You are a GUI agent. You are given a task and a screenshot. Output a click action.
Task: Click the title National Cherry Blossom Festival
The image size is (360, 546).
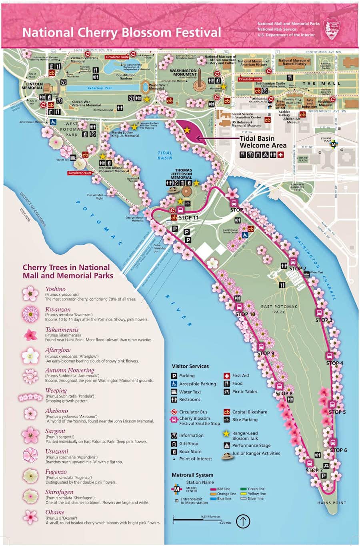coord(121,32)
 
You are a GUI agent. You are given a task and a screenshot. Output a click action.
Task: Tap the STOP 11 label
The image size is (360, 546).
coord(188,218)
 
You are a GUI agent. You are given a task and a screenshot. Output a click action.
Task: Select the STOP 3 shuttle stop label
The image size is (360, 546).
coord(324,320)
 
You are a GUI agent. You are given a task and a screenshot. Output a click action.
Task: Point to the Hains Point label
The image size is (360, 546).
coord(332,503)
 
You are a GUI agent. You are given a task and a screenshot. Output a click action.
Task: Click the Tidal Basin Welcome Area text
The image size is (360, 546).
coord(263,142)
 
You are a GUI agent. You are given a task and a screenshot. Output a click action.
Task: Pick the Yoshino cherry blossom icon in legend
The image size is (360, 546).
coord(30,294)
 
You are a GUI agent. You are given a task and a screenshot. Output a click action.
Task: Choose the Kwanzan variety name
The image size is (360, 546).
coord(58,309)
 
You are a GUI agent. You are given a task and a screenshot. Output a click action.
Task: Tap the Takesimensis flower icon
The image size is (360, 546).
coord(30,335)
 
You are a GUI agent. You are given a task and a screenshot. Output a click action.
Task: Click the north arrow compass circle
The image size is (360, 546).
coord(243,521)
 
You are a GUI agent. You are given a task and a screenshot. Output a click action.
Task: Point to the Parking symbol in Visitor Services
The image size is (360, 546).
coord(174,376)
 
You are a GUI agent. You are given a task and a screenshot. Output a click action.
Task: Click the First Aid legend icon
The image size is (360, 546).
coord(226,376)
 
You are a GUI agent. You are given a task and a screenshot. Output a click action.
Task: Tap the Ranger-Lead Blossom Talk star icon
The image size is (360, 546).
coord(226,434)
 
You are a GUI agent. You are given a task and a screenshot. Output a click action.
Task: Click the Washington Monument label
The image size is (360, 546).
coord(183,72)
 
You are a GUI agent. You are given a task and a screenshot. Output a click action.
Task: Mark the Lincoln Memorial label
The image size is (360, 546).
coord(32,86)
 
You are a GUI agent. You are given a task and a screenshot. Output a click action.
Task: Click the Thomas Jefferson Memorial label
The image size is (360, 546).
coord(183,174)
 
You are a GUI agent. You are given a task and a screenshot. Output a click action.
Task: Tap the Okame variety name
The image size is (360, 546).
coord(55,512)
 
